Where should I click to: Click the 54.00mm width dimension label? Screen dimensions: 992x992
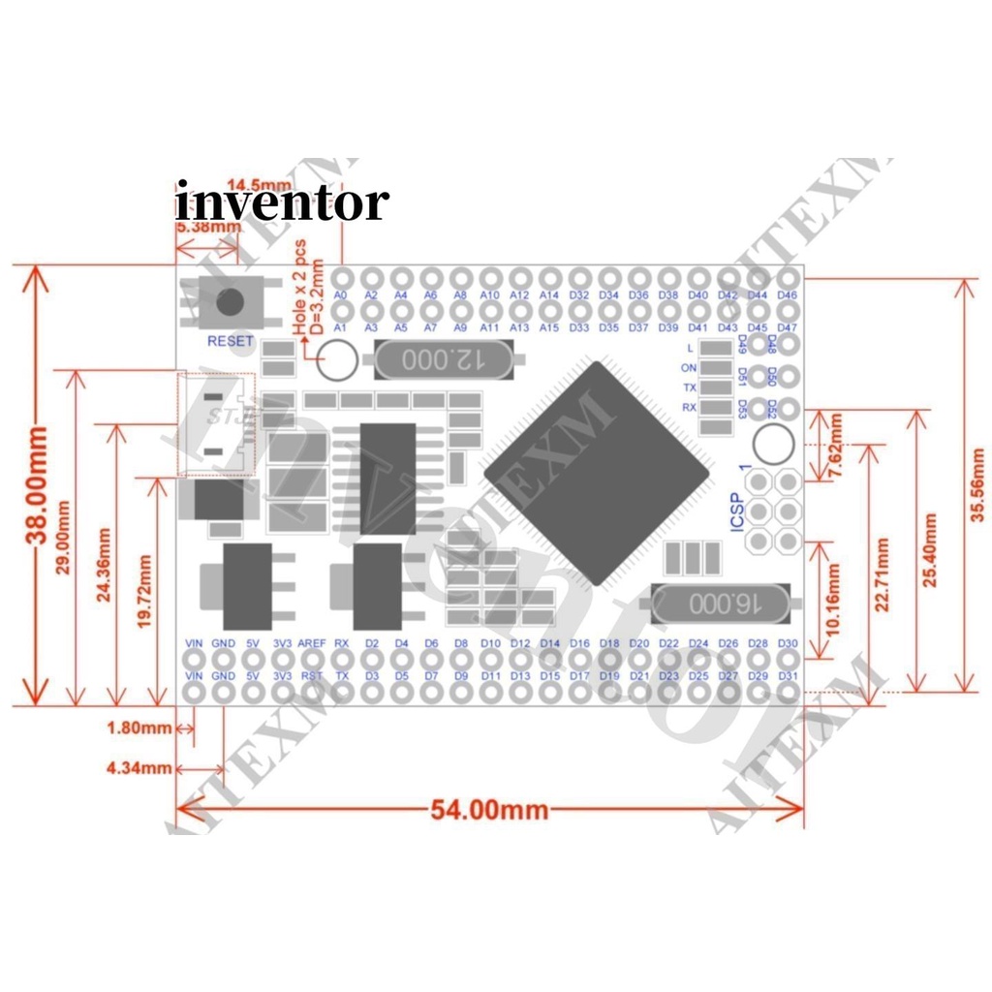[489, 809]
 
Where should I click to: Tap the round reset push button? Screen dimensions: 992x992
[230, 302]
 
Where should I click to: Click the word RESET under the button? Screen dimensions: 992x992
[230, 341]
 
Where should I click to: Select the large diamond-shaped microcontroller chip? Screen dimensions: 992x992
[598, 474]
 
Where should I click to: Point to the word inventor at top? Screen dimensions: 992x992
[282, 202]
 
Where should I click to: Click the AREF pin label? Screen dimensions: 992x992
[312, 643]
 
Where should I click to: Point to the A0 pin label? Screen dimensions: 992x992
[340, 294]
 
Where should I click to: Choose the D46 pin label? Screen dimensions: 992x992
[787, 294]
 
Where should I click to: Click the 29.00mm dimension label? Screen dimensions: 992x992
[63, 538]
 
